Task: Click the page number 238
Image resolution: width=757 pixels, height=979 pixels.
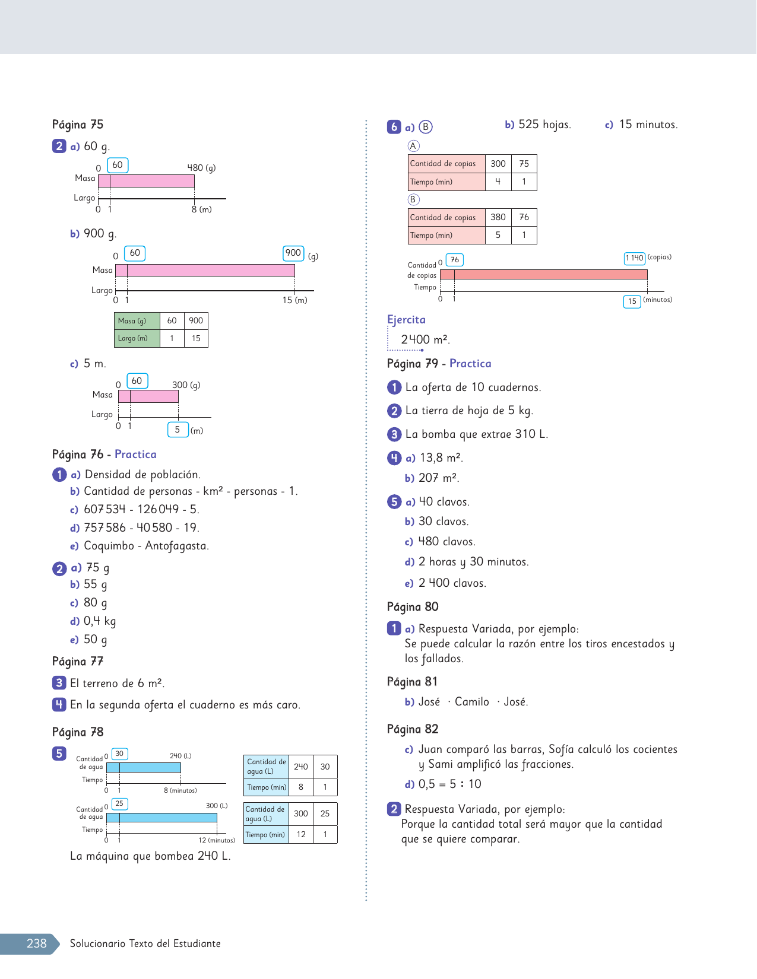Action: coord(36,943)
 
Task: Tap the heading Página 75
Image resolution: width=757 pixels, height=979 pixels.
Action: coord(78,125)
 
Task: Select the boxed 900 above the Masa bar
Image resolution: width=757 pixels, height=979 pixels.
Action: coord(293,253)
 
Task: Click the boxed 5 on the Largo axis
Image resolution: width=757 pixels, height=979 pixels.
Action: coord(178,430)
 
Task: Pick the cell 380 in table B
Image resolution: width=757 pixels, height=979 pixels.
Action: coord(498,217)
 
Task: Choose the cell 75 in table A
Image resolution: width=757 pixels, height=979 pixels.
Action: coord(524,164)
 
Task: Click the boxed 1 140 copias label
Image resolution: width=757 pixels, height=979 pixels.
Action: coord(634,258)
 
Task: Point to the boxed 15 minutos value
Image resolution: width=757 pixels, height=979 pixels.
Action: coord(632,301)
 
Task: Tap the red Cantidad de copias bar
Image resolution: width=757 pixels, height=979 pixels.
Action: coord(543,275)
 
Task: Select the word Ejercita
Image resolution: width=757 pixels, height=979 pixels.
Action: coord(406,320)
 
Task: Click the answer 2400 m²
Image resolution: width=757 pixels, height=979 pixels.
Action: coord(425,340)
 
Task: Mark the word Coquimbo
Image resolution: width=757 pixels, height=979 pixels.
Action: coord(109,546)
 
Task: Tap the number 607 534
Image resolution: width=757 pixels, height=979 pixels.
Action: coord(105,510)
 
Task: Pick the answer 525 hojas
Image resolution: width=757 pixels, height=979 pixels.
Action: coord(544,125)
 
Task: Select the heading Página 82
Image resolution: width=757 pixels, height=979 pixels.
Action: coord(413,729)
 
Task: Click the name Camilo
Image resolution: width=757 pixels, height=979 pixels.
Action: coord(472,702)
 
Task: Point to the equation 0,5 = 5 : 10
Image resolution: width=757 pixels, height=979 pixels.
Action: coord(449,784)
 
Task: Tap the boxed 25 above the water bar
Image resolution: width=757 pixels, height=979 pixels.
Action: coord(119,804)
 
